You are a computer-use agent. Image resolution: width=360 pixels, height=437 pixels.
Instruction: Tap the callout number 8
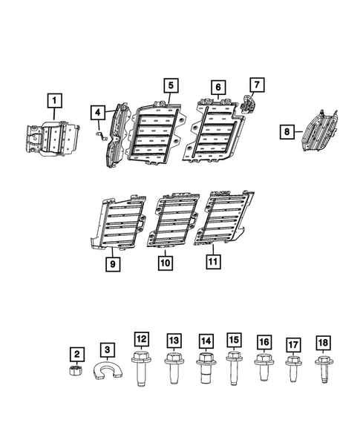click(287, 131)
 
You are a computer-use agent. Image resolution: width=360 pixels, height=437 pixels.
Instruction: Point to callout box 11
click(212, 261)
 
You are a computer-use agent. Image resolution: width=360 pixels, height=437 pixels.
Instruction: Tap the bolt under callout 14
click(206, 368)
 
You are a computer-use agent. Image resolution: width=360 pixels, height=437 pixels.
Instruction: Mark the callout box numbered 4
click(97, 113)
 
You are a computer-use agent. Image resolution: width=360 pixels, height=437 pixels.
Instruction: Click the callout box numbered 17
click(293, 344)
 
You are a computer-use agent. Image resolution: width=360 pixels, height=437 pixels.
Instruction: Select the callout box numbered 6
click(218, 87)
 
